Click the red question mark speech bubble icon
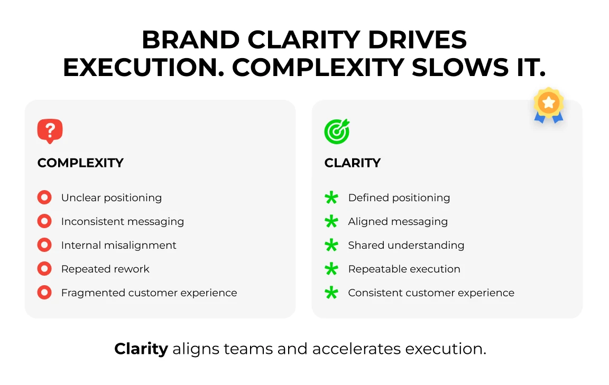(x=50, y=131)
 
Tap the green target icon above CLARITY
(x=337, y=132)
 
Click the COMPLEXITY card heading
(x=80, y=163)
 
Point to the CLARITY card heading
(x=352, y=163)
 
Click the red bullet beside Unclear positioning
(x=44, y=198)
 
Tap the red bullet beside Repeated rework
(x=44, y=269)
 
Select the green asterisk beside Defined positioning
(x=331, y=198)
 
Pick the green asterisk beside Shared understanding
(x=331, y=246)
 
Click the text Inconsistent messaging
(x=122, y=221)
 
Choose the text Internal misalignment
(x=118, y=245)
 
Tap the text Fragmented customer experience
(x=149, y=293)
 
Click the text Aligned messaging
(x=398, y=221)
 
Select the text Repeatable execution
(x=404, y=269)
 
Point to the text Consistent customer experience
(x=431, y=293)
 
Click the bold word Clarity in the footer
(x=141, y=349)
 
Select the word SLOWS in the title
(x=458, y=68)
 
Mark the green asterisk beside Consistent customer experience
(x=331, y=293)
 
